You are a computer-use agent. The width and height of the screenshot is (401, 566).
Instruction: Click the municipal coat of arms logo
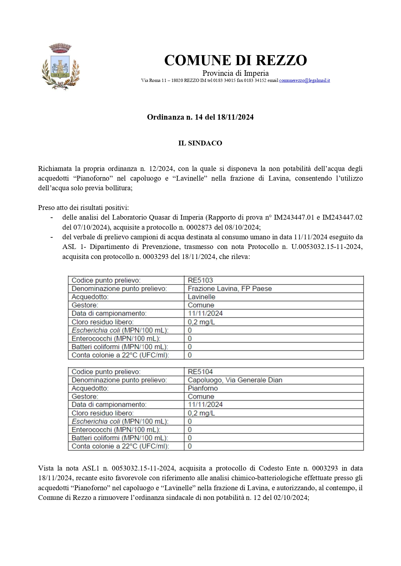click(60, 67)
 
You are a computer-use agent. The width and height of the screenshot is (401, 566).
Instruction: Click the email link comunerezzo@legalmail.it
click(304, 80)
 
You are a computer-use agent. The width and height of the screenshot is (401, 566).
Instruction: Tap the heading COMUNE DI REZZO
click(236, 60)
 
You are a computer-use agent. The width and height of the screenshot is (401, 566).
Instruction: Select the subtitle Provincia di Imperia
click(236, 73)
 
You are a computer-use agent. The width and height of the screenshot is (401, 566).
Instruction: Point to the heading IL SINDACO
click(200, 143)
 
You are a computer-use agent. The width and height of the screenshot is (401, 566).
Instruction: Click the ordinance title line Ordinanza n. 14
click(200, 117)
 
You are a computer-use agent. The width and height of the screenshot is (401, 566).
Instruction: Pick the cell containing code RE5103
click(200, 280)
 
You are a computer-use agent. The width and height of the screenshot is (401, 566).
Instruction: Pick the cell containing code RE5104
click(200, 372)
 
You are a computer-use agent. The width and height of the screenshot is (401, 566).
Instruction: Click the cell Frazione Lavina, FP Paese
click(230, 289)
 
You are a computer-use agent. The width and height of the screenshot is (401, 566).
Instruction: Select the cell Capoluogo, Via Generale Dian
click(235, 380)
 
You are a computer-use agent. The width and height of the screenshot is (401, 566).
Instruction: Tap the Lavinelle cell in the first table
click(201, 297)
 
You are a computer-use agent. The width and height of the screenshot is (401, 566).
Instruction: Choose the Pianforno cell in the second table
click(203, 388)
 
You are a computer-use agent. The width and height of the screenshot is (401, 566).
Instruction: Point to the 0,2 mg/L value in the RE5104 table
click(201, 413)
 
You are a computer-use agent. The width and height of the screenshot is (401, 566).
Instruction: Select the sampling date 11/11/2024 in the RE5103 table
click(205, 313)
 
